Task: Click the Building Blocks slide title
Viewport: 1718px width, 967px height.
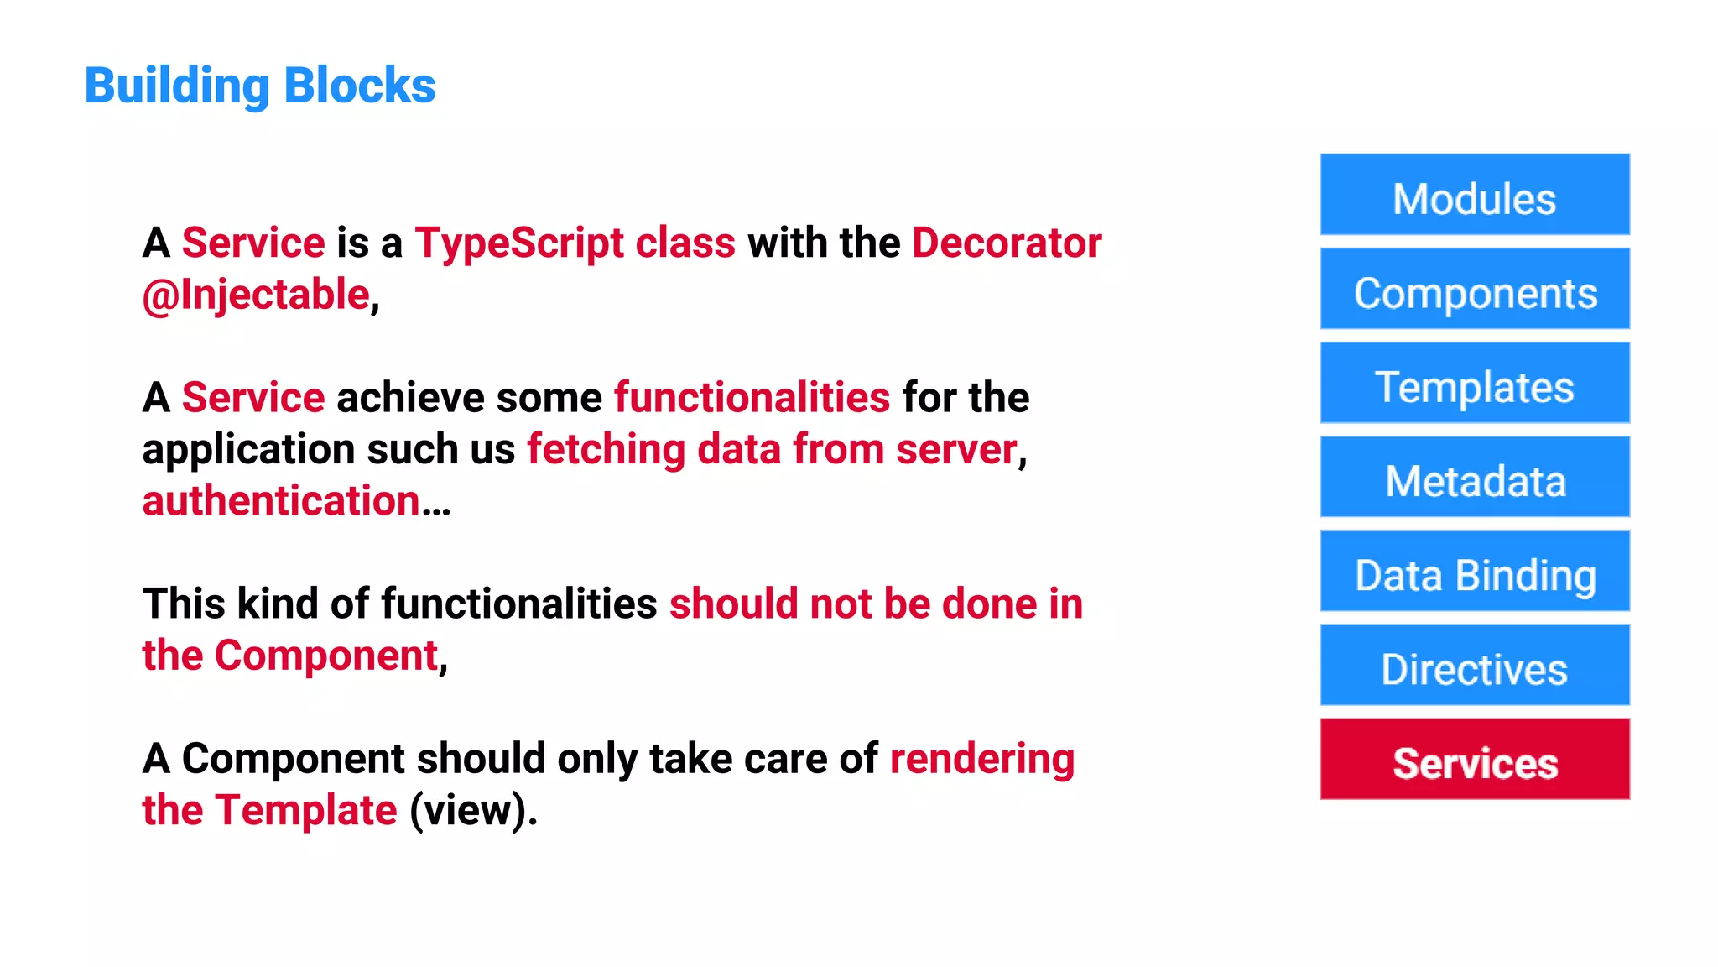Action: (260, 86)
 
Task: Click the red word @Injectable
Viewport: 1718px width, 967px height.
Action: (256, 295)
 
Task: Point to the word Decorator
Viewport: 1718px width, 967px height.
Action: (1007, 243)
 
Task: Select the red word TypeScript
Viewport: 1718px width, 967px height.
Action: (519, 243)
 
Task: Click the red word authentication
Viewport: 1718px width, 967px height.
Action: (281, 501)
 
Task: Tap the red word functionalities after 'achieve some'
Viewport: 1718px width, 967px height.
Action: (752, 398)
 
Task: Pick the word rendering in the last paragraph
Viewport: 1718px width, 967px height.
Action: (981, 760)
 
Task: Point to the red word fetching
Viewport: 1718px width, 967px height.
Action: (606, 450)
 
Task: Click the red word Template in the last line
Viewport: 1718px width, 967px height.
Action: (305, 811)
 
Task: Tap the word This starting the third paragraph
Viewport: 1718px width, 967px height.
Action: (184, 604)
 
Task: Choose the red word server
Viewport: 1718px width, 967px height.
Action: (956, 450)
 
